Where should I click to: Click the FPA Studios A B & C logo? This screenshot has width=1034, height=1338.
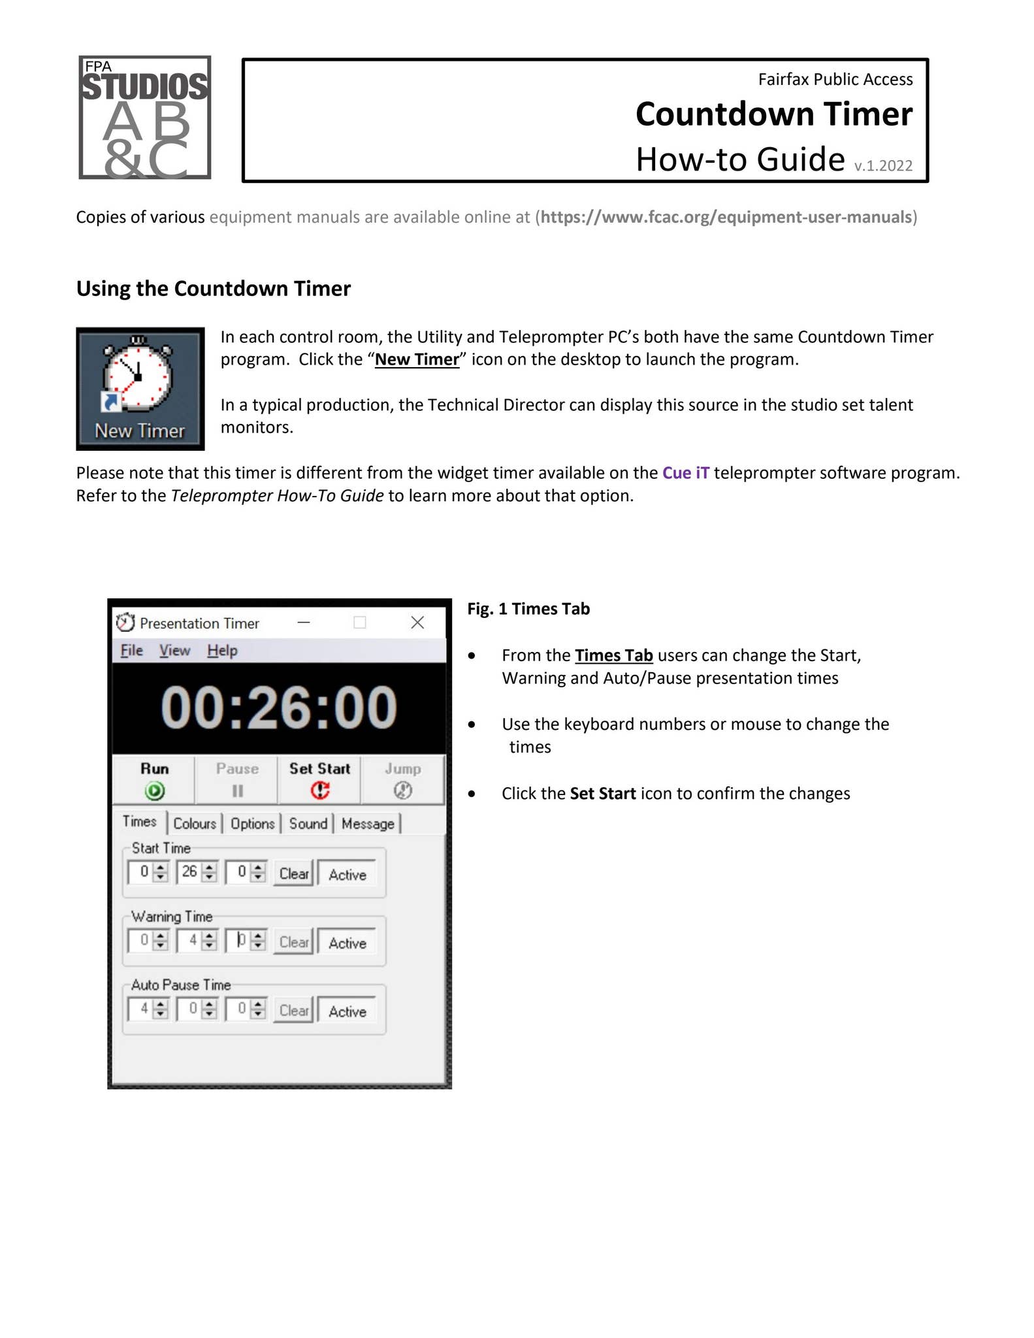144,118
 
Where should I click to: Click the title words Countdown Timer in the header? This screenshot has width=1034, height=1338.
773,114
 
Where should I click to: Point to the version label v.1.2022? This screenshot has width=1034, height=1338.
882,166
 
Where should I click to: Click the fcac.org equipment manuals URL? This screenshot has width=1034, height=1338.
725,217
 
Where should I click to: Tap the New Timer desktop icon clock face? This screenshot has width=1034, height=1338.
138,378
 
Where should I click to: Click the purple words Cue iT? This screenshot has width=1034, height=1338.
685,472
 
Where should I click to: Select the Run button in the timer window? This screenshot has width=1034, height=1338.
154,779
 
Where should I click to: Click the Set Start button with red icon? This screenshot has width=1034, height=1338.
319,779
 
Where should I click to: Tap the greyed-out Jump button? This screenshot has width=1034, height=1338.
402,779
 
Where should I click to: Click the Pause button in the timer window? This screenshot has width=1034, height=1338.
237,779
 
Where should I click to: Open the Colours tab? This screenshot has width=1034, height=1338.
195,824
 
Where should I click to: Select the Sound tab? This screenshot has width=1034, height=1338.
308,824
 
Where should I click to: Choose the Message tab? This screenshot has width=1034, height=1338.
368,824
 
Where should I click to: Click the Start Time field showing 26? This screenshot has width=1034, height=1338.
189,872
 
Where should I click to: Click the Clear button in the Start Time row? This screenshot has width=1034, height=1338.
293,873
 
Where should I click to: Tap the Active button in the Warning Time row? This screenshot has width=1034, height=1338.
347,943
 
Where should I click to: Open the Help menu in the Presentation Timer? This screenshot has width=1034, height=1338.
222,651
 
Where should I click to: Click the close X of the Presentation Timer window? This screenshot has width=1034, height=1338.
417,623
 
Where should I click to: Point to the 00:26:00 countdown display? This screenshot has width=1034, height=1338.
279,708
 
